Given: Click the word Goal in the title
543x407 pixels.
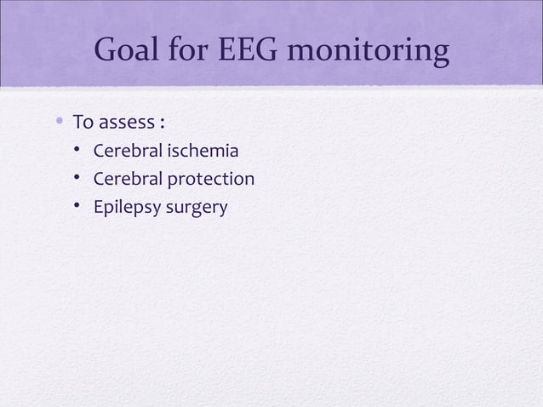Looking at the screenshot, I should coord(130,52).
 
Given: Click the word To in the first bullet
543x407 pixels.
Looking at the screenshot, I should coord(82,123).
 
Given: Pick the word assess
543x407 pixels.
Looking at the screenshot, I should coord(124,124).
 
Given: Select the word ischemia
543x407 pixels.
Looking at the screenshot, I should coord(204,152).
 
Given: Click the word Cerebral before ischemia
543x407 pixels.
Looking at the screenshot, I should coord(128,152).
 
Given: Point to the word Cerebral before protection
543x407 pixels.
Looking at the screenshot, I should coord(128,180).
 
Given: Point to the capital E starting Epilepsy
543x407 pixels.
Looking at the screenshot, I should coord(97,207).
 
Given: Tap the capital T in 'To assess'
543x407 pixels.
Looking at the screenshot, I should coord(77,123).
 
